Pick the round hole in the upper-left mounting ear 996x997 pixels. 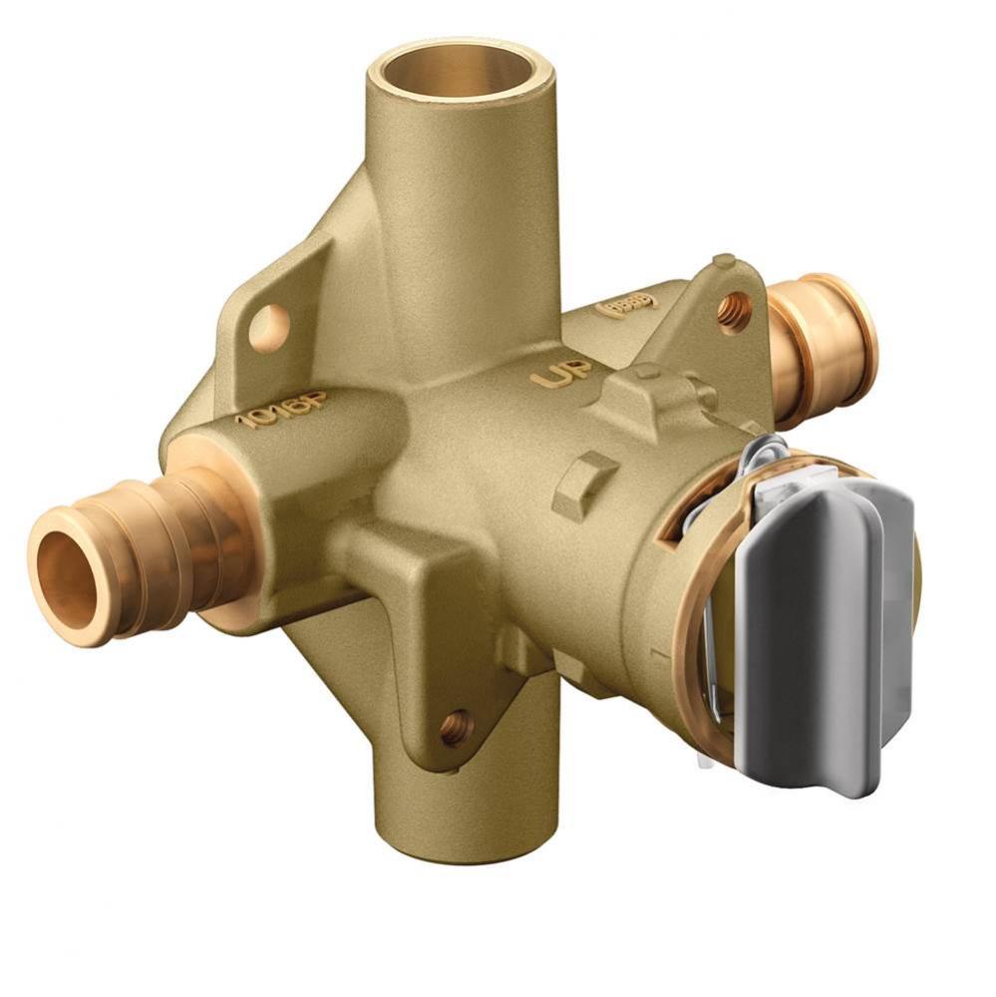tap(269, 326)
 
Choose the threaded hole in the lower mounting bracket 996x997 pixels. tap(458, 726)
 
